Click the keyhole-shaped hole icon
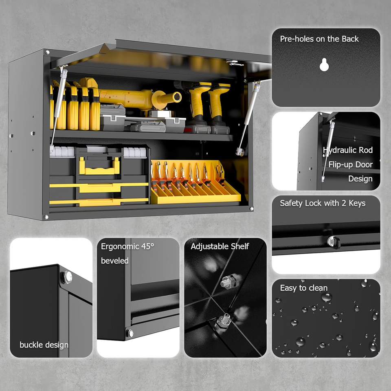click(324, 64)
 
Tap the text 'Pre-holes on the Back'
click(319, 39)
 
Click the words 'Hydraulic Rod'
click(348, 150)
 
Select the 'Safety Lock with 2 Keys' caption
click(323, 203)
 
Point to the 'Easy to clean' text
click(303, 288)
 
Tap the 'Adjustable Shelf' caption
click(220, 246)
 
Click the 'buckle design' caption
click(44, 345)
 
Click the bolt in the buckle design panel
click(66, 277)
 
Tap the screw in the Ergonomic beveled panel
click(130, 333)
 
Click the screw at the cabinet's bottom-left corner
click(46, 217)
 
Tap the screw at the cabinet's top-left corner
click(47, 53)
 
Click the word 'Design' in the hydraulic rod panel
click(360, 179)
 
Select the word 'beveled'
click(115, 261)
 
